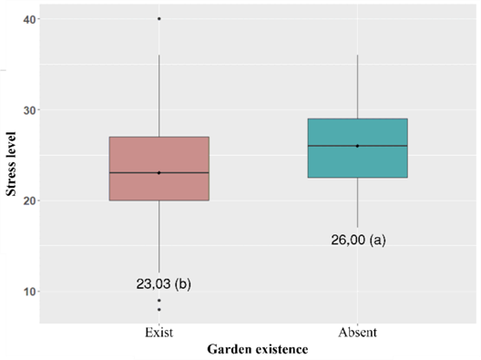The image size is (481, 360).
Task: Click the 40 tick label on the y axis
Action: pos(29,19)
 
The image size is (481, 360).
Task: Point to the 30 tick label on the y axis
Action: pos(29,110)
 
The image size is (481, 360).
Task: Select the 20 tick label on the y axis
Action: pos(29,201)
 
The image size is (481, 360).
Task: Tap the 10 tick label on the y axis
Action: pos(29,292)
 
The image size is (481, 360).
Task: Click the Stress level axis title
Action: pos(11,163)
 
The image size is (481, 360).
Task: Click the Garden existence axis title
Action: pos(258,349)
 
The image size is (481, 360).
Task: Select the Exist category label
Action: pos(159,333)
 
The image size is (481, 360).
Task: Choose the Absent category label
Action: pos(357,333)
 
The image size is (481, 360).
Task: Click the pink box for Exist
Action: pos(159,169)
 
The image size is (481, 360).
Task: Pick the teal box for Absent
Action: pos(358,148)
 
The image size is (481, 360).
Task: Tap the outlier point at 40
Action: pos(159,19)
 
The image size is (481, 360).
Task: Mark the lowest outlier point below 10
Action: pos(159,309)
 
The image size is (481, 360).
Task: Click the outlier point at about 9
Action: pos(159,300)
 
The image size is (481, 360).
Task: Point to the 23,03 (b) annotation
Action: pos(163,284)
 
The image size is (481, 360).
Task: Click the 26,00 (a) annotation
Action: pos(358,240)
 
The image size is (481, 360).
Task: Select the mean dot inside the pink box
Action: pos(159,173)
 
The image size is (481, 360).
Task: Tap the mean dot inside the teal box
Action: pos(357,146)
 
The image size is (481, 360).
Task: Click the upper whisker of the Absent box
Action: pos(358,87)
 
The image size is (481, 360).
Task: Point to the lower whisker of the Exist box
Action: pos(159,236)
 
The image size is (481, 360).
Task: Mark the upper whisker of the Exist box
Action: pos(159,96)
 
